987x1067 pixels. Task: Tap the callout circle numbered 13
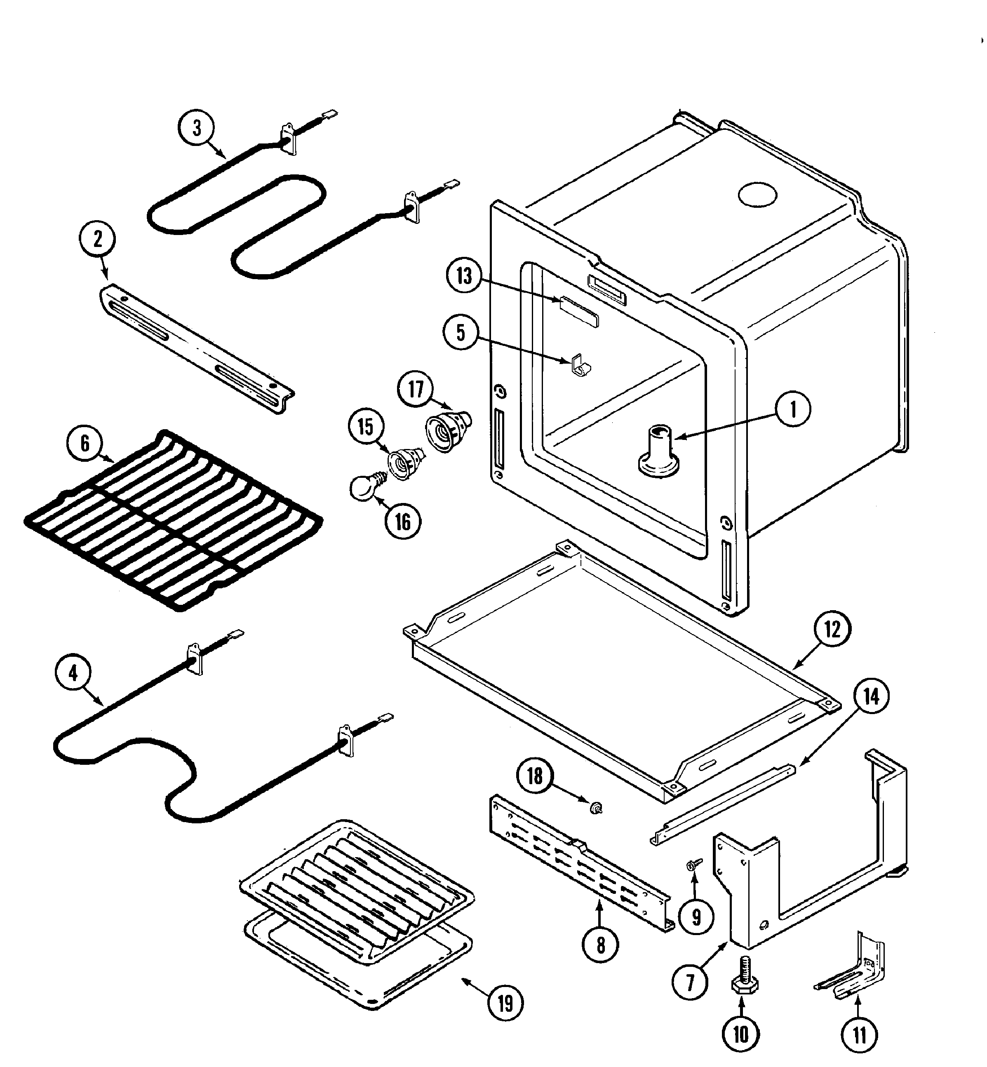(463, 276)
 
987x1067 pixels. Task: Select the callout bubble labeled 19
(505, 1004)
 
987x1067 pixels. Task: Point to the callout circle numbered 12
(832, 630)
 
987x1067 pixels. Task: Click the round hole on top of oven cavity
(757, 195)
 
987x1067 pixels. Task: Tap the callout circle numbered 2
(97, 240)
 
